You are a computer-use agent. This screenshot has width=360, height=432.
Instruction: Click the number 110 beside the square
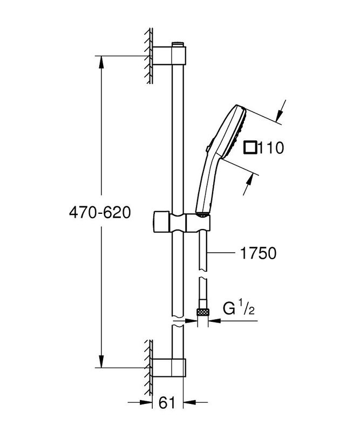point(271,147)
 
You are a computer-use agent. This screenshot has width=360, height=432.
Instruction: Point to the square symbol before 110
point(250,147)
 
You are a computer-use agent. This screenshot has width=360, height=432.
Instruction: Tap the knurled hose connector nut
point(203,312)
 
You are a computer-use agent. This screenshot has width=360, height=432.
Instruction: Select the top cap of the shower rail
point(177,43)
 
